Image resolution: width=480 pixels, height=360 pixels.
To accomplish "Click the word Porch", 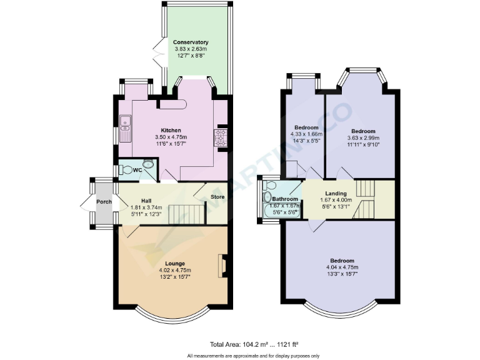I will pyautogui.click(x=104, y=202).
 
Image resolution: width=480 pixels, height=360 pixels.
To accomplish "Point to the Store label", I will pyautogui.click(x=217, y=197).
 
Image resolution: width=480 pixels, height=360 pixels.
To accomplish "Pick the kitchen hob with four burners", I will pyautogui.click(x=222, y=137).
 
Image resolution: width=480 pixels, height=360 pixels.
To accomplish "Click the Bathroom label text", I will pyautogui.click(x=285, y=199).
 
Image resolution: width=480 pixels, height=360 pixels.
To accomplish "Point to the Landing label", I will pyautogui.click(x=336, y=193).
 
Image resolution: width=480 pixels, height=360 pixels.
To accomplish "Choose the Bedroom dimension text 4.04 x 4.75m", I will pyautogui.click(x=342, y=267).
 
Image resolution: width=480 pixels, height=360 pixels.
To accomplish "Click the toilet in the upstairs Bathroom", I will pyautogui.click(x=268, y=187).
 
